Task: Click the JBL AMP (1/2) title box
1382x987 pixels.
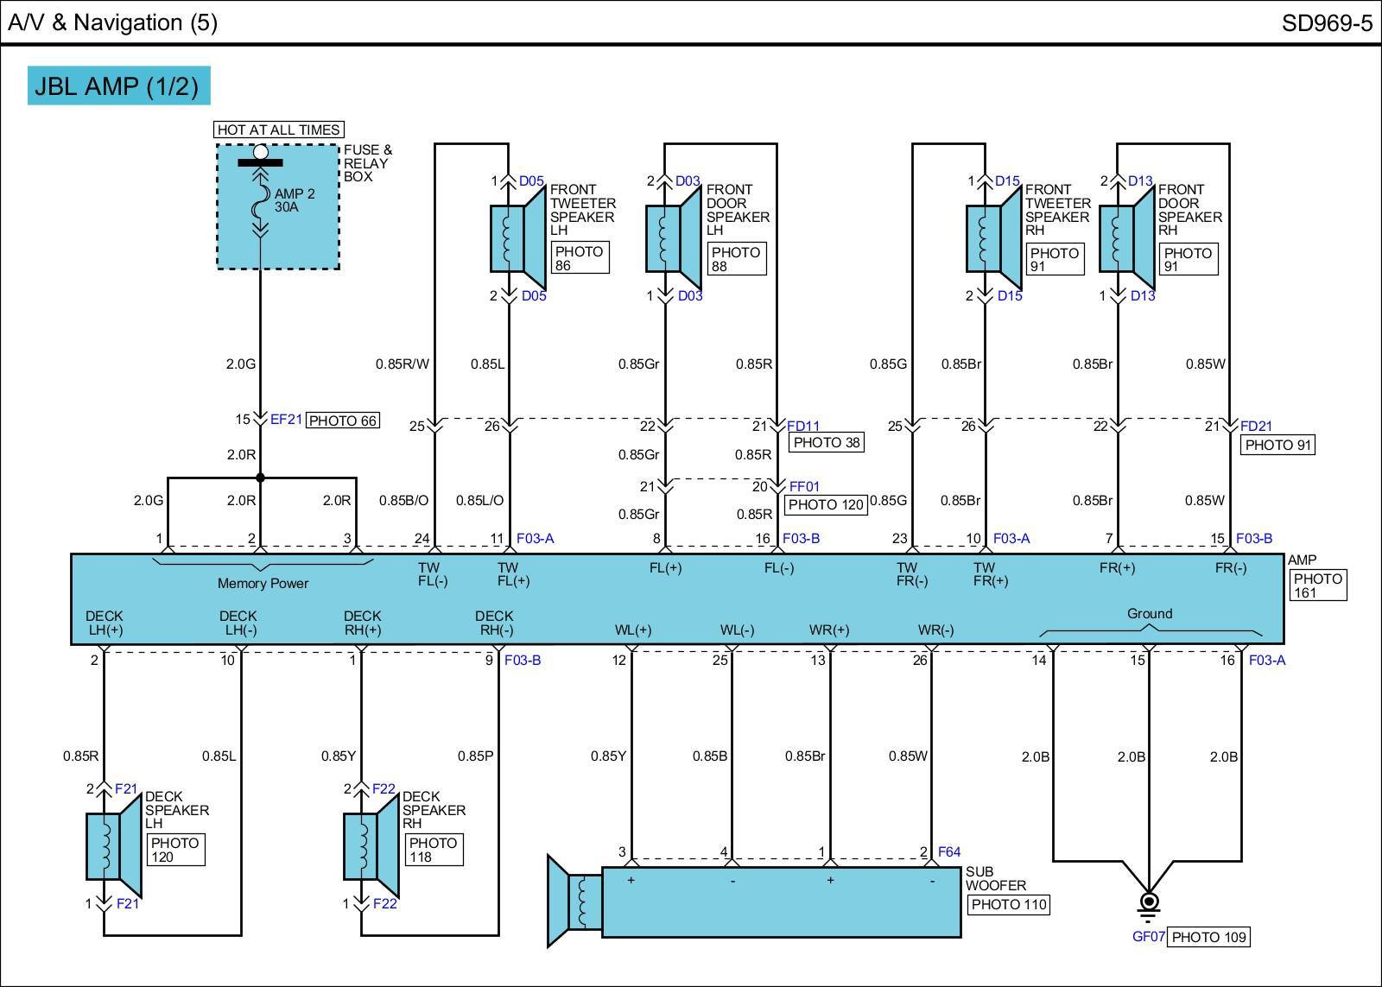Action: [118, 85]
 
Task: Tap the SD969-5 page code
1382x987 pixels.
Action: [1326, 22]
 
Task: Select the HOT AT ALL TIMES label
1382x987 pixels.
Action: [278, 130]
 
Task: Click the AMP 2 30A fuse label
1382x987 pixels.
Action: [295, 200]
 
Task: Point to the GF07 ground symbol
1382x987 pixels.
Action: [1149, 905]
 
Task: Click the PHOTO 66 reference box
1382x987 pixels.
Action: [343, 421]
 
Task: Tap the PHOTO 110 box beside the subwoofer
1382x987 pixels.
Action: [1008, 904]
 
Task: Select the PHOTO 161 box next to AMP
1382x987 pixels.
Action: [1317, 585]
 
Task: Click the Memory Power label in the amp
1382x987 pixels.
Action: [263, 583]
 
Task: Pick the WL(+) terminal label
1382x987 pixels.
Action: [632, 630]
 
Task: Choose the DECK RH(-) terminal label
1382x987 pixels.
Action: [494, 623]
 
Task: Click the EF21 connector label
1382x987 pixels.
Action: [286, 420]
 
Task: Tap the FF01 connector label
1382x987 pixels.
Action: [804, 486]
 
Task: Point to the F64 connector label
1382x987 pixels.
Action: [948, 851]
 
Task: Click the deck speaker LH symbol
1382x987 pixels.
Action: [113, 846]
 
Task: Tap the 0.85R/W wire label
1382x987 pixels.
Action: [402, 364]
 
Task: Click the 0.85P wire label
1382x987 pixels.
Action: [475, 756]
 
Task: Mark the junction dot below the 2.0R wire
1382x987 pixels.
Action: [260, 478]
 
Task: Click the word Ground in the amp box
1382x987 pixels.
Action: [1149, 613]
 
